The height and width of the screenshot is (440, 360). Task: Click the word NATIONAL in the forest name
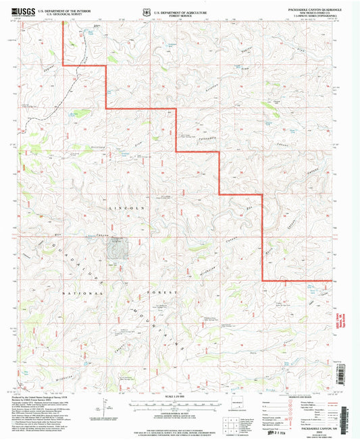click(82, 294)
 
